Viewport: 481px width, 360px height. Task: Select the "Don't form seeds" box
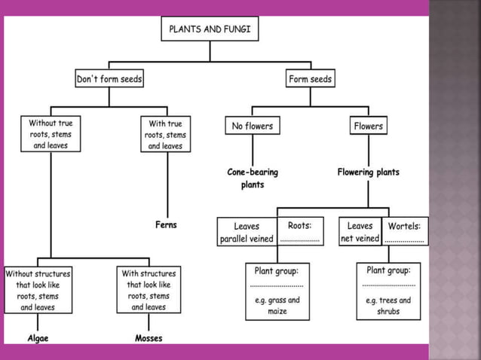pos(109,78)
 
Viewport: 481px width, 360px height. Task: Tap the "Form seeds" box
pos(310,78)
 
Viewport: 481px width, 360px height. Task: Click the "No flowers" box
pos(252,127)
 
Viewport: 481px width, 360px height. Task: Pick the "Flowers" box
pos(368,127)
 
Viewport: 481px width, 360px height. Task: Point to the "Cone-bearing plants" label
pos(253,178)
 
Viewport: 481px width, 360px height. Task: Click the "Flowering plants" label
pos(368,172)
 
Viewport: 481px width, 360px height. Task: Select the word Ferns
pos(166,225)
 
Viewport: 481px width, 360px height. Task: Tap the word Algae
pos(38,338)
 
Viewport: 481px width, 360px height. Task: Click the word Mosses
pos(149,338)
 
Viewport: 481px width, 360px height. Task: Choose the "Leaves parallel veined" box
pos(247,232)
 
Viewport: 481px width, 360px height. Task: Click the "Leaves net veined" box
pos(360,232)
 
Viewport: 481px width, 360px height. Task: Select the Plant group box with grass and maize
pos(277,291)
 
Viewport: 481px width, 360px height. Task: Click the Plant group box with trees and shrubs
pos(388,290)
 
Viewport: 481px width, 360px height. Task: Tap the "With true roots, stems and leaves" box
pos(165,133)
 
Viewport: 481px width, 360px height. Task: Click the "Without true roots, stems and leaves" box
pos(50,133)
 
